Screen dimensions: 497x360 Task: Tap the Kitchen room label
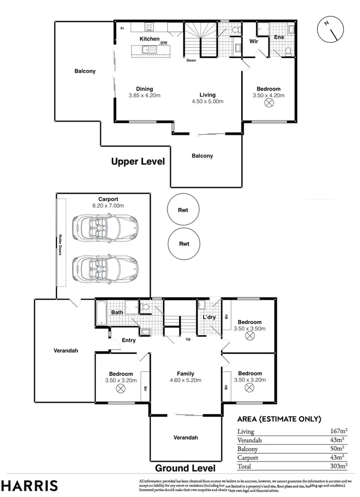[149, 39]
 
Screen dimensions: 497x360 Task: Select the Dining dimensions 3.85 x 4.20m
[144, 95]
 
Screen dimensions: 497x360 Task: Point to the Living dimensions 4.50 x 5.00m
[208, 101]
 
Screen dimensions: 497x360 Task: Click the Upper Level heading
[138, 162]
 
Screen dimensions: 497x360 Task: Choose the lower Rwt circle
[184, 244]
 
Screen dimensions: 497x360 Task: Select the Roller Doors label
[60, 245]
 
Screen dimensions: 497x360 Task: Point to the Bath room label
[118, 313]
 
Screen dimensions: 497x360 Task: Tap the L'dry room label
[209, 318]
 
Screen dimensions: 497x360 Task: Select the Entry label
[129, 340]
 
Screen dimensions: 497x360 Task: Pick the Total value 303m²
[338, 466]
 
